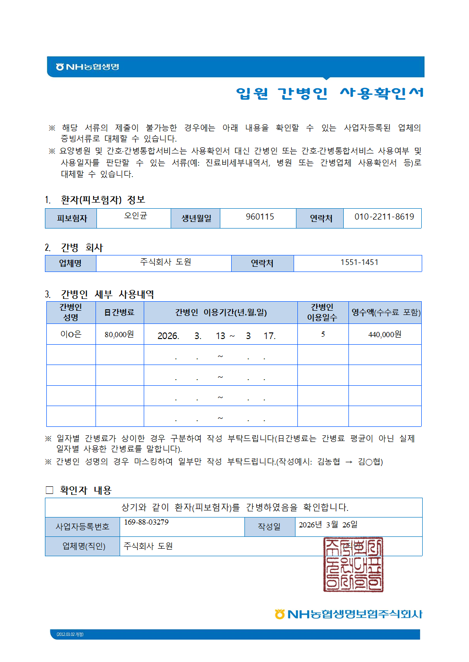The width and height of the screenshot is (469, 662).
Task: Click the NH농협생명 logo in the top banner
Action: click(x=87, y=67)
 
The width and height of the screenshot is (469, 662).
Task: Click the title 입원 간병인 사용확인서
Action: click(x=330, y=93)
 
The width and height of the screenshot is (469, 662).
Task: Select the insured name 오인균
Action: click(x=136, y=215)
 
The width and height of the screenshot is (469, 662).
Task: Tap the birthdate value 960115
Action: click(x=260, y=217)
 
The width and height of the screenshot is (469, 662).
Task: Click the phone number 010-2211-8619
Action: click(x=384, y=217)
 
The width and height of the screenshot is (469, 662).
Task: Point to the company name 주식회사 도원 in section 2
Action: click(x=165, y=262)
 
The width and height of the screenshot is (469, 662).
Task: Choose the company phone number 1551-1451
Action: click(x=359, y=262)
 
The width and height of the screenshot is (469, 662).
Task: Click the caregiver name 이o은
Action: click(x=71, y=334)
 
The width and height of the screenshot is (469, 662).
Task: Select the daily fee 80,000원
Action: click(x=119, y=334)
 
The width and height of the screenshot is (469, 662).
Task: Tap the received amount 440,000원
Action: click(x=384, y=334)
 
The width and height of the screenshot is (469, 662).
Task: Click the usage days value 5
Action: click(x=323, y=334)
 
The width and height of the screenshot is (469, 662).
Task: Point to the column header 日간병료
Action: click(x=119, y=312)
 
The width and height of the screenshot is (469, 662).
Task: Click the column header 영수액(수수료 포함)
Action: click(x=385, y=312)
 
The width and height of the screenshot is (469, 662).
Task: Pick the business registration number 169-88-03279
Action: click(x=146, y=522)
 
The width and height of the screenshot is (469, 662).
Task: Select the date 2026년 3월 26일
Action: click(x=328, y=525)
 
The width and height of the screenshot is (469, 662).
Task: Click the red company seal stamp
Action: click(x=353, y=564)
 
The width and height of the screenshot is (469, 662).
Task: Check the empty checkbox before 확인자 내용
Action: click(x=49, y=490)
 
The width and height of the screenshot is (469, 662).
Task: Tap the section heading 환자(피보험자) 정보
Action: click(x=103, y=200)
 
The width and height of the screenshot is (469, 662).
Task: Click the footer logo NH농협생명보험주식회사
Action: click(x=348, y=614)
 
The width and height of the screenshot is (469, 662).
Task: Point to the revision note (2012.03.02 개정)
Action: click(x=70, y=634)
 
